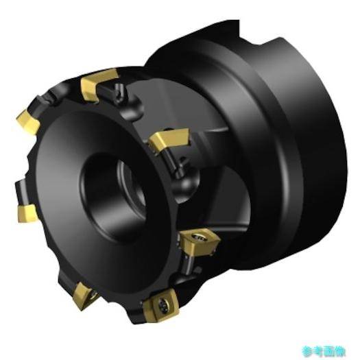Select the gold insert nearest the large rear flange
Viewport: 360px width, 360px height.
click(167, 141)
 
